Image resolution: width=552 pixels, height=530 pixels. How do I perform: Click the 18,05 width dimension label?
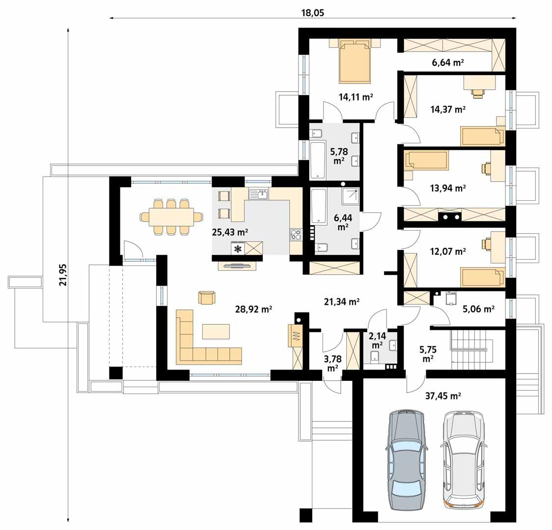(x=312, y=13)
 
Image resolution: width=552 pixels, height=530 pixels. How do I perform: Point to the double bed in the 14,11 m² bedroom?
(x=355, y=63)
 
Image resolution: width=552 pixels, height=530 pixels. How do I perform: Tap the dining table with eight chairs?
(x=170, y=216)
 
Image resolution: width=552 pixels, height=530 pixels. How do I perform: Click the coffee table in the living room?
(x=216, y=332)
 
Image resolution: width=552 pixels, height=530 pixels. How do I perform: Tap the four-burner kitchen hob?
(x=296, y=235)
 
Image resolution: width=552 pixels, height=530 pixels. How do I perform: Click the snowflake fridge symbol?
(x=238, y=249)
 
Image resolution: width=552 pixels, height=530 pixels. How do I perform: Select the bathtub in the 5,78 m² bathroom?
(x=318, y=160)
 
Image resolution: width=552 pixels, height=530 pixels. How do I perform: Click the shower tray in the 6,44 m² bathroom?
(x=350, y=197)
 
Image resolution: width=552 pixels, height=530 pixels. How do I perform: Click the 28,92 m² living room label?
(x=253, y=309)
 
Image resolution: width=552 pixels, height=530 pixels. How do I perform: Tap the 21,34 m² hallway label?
(x=341, y=302)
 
